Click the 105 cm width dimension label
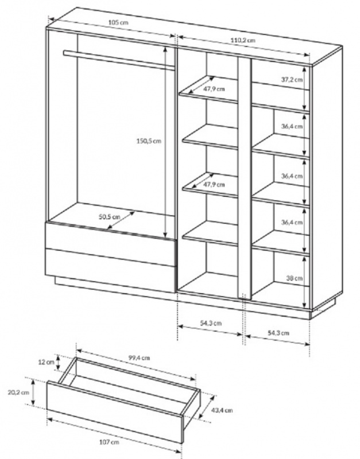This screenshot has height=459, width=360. [x=118, y=22]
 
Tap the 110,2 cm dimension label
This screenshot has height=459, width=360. [x=243, y=40]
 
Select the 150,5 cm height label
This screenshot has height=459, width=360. [x=149, y=141]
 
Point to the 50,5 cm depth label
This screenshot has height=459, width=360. [x=109, y=217]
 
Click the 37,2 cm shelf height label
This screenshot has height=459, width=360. [x=292, y=79]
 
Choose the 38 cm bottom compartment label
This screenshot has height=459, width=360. [x=295, y=278]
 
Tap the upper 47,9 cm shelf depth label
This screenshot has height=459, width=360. [x=214, y=89]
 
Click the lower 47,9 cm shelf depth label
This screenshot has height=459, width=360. [x=214, y=184]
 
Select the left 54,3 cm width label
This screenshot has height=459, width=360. [x=211, y=323]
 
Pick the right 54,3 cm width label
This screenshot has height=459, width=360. [x=278, y=333]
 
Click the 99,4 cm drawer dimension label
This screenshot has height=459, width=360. [x=139, y=357]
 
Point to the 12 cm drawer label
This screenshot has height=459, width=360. [x=47, y=362]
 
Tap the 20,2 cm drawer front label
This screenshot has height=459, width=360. [x=18, y=392]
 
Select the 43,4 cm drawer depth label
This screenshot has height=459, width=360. [x=222, y=410]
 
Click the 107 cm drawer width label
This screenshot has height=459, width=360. [x=109, y=442]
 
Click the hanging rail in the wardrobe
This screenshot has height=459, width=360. [x=119, y=60]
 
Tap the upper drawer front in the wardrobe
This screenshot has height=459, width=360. [x=110, y=243]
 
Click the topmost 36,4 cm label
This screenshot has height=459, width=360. [x=292, y=126]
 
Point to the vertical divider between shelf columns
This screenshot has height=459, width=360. [x=244, y=178]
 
